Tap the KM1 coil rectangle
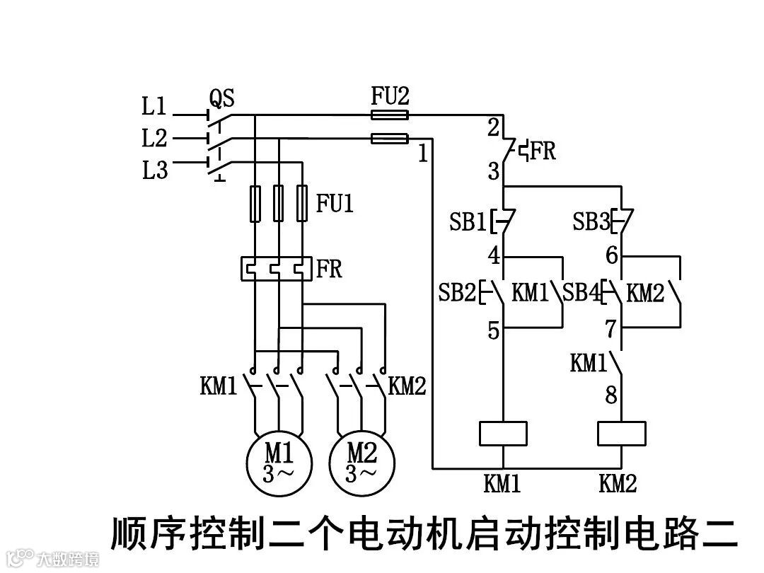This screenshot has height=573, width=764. tap(503, 433)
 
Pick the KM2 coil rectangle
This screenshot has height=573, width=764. tap(621, 433)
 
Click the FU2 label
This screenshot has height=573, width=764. tap(390, 96)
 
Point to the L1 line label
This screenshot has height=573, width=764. tap(154, 108)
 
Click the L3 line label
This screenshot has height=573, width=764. tap(154, 170)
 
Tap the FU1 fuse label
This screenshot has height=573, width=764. tap(335, 204)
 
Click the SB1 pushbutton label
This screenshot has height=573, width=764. tap(468, 223)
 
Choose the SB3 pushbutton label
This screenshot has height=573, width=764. tap(591, 223)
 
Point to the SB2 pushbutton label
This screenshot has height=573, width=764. tap(458, 293)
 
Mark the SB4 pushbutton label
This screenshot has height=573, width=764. tap(581, 293)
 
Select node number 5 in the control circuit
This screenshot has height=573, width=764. tap(493, 330)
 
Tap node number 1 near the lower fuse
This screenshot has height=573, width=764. tap(422, 154)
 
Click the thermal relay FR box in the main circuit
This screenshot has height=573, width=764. tap(276, 269)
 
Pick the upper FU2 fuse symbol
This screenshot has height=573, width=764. tap(390, 115)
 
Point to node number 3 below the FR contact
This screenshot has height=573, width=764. tap(493, 172)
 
